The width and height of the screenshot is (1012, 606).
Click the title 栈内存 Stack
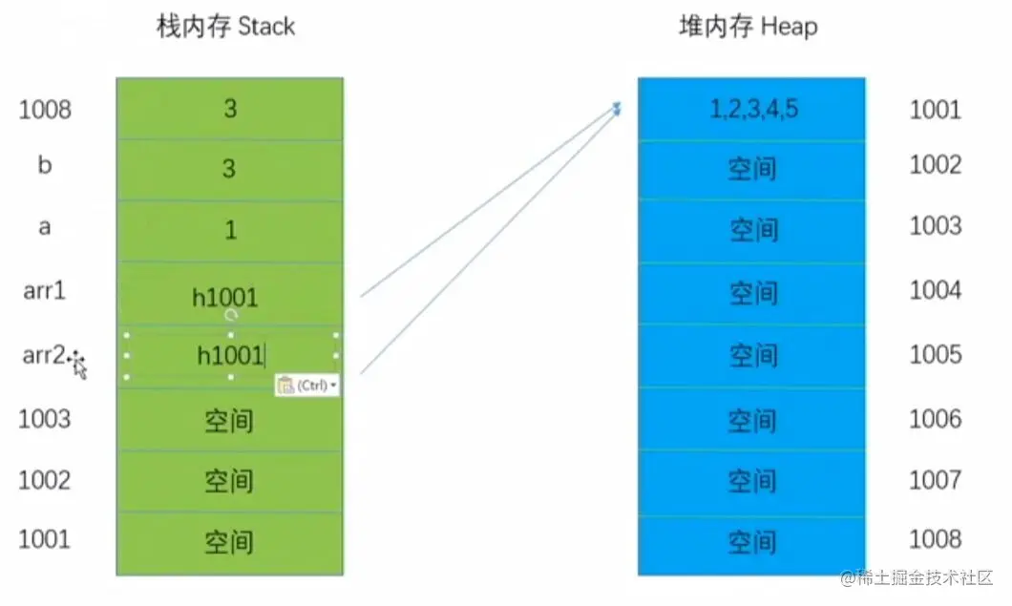(226, 27)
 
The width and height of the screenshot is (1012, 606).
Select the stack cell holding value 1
(230, 231)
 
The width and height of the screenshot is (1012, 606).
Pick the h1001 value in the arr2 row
(229, 355)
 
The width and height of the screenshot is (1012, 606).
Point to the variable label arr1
(44, 290)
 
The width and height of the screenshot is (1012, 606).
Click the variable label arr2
(44, 356)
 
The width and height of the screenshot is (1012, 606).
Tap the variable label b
(44, 165)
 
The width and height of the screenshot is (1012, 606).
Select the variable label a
(44, 229)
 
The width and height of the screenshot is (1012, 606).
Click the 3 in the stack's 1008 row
(230, 109)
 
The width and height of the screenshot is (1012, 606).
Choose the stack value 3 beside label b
(230, 169)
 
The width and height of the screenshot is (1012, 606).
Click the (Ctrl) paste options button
(306, 386)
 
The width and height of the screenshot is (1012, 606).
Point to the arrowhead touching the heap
(618, 110)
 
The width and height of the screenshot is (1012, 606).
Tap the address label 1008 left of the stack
(45, 110)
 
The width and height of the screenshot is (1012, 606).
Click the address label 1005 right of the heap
(936, 355)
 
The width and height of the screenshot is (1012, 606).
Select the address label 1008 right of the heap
(936, 539)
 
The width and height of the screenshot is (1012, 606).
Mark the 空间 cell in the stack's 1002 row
(229, 481)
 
